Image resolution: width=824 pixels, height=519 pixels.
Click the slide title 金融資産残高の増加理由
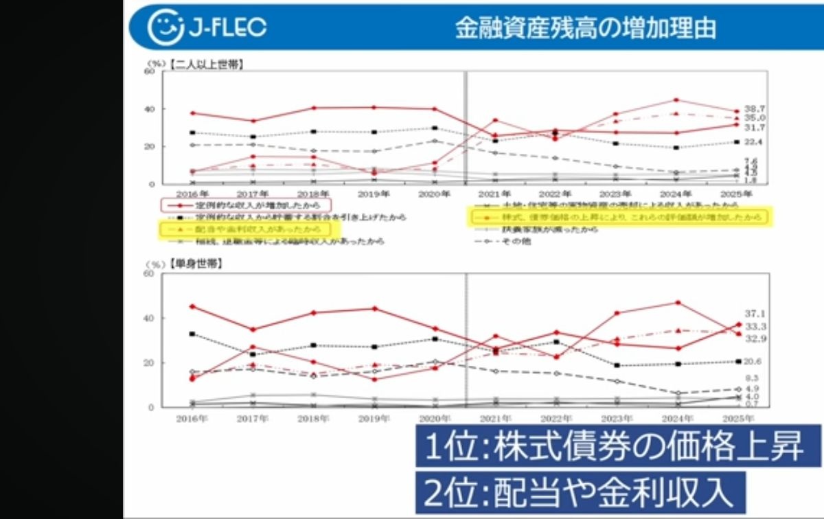point(586,27)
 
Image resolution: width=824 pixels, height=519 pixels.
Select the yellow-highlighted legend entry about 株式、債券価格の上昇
point(617,216)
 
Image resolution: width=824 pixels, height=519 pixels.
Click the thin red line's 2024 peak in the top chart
point(677,100)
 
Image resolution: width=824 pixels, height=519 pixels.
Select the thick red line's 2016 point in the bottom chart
point(192,306)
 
